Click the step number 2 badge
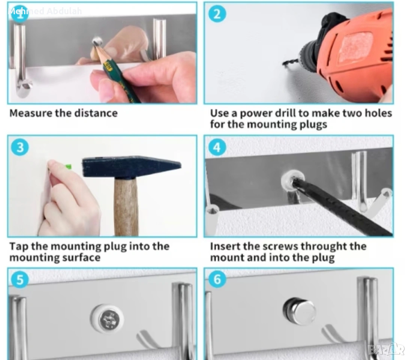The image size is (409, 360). click(217, 14)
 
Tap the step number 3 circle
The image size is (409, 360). click(20, 147)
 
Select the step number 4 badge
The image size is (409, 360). click(217, 147)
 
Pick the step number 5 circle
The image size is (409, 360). click(20, 280)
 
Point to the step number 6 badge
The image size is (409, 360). click(217, 279)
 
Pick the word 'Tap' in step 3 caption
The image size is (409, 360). click(19, 246)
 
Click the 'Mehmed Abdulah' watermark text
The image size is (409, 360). click(45, 11)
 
